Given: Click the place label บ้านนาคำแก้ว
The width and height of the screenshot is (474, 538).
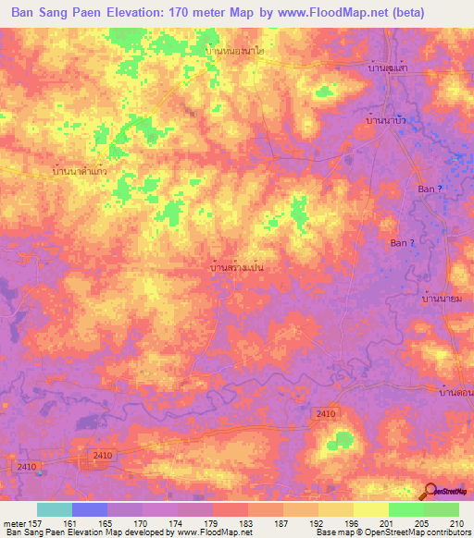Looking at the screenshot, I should [x=81, y=172].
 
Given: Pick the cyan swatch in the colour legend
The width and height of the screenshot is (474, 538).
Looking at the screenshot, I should [x=55, y=509].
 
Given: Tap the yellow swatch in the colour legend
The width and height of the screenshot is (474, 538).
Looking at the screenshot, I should [x=371, y=509].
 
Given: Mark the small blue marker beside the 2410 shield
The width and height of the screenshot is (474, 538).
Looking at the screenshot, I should [x=41, y=472].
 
